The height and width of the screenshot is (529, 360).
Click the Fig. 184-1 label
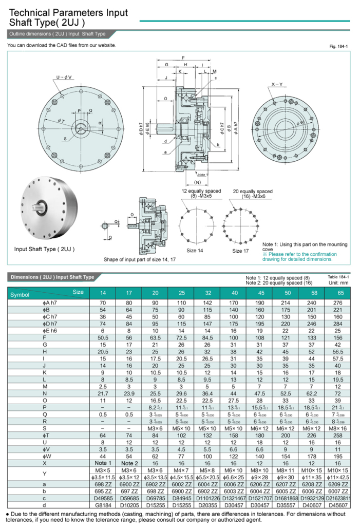coord(339,47)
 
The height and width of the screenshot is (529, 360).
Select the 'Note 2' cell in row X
coord(129,463)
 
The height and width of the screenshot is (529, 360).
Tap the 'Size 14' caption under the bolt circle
coord(195,250)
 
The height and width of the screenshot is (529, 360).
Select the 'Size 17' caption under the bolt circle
coord(240,251)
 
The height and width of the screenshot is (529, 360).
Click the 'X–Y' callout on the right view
coord(277,84)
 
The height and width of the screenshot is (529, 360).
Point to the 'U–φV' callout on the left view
coord(64,77)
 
